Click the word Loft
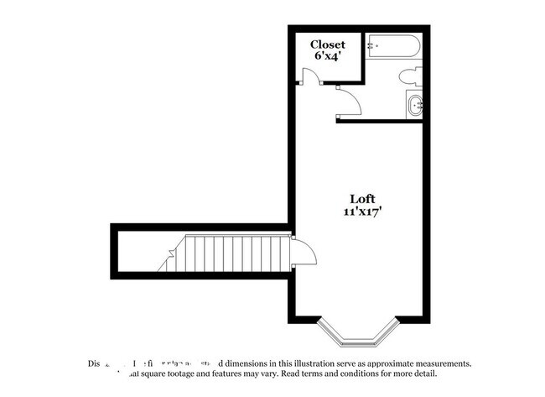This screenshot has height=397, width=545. (x=361, y=199)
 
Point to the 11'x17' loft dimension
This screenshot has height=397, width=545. (x=361, y=212)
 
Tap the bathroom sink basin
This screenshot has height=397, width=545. (x=415, y=106)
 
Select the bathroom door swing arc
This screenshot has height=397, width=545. (x=350, y=102)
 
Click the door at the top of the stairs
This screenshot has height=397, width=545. (x=304, y=251)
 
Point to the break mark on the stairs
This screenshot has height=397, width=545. (x=167, y=260)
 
